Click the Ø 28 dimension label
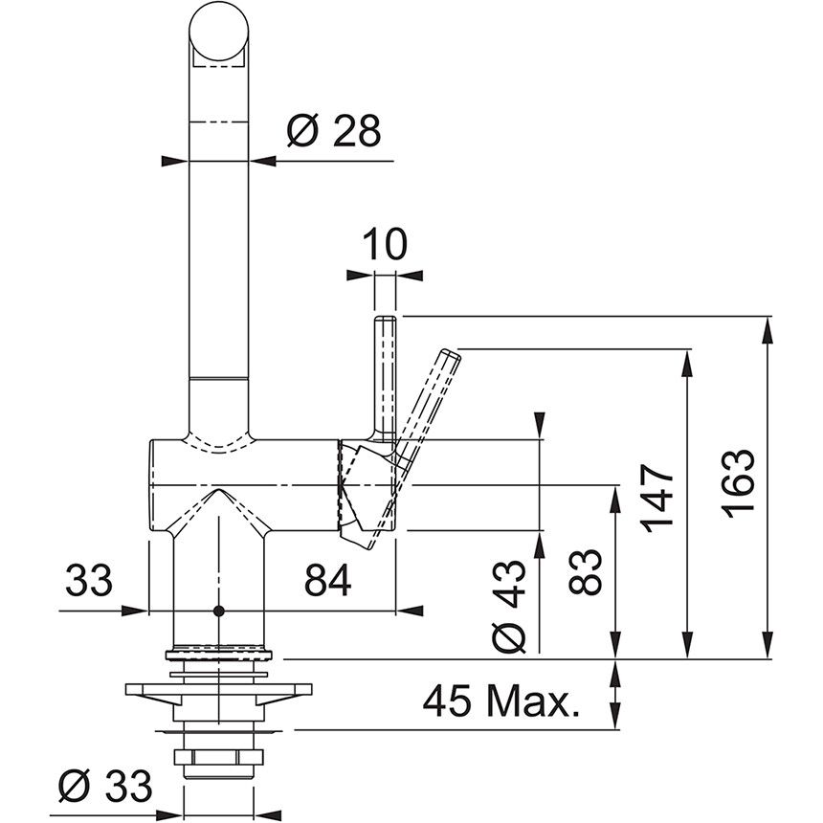[333, 131]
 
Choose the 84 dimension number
[327, 579]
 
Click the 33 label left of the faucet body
[90, 579]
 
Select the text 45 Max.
[502, 705]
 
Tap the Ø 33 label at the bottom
[104, 788]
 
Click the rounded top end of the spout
[221, 29]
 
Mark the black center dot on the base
[219, 610]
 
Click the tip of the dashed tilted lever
[450, 357]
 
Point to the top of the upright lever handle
[385, 321]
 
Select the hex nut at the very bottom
[219, 762]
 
